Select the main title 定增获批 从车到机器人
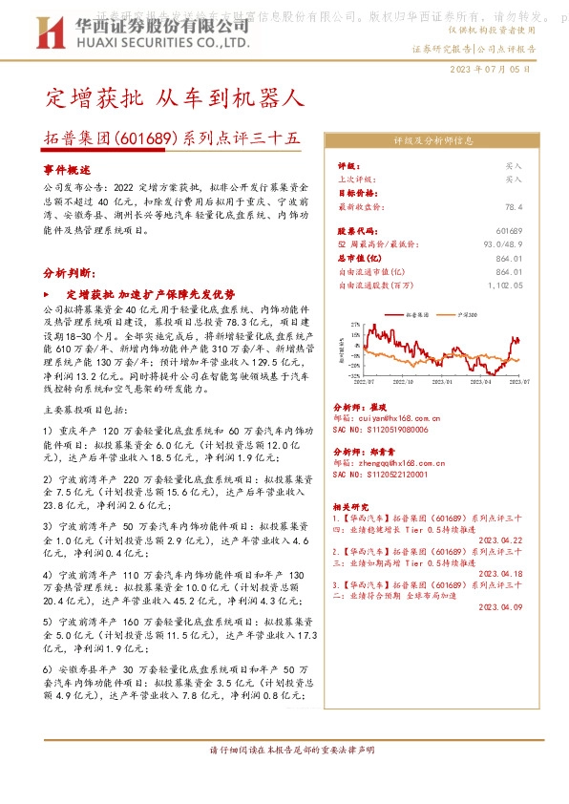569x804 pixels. [175, 97]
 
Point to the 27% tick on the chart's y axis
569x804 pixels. [354, 324]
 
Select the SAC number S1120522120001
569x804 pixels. [387, 474]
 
